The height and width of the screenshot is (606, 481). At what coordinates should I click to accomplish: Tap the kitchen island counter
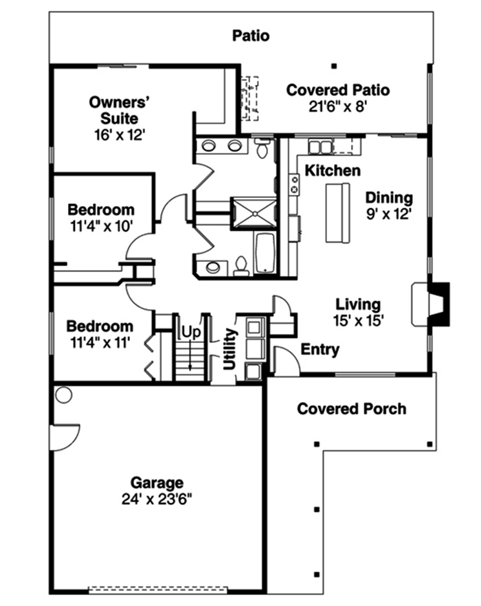click(337, 212)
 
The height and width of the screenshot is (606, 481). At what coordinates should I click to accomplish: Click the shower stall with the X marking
click(253, 210)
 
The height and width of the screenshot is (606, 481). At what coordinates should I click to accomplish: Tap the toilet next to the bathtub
click(241, 265)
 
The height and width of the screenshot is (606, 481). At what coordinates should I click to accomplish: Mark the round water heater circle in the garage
click(64, 395)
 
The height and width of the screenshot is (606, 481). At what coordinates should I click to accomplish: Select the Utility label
click(230, 348)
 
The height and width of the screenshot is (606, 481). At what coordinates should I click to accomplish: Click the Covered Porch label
click(351, 409)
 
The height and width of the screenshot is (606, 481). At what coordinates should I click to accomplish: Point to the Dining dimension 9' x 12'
click(388, 214)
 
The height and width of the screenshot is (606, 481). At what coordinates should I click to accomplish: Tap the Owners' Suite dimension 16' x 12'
click(120, 134)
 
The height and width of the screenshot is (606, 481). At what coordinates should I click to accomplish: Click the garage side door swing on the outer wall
click(64, 437)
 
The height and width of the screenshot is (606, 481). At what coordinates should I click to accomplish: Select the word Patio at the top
click(250, 35)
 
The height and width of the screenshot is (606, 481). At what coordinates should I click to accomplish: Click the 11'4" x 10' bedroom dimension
click(101, 225)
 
